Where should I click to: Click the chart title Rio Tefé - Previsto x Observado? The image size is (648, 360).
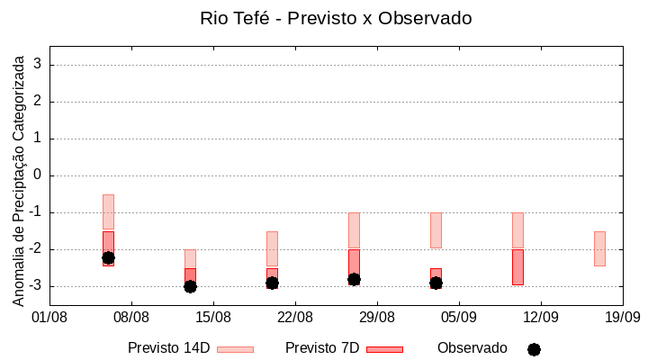pyautogui.click(x=335, y=18)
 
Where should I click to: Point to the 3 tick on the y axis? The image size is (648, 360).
pyautogui.click(x=38, y=65)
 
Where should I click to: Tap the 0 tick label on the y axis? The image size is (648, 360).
pyautogui.click(x=38, y=175)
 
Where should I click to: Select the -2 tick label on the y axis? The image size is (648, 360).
pyautogui.click(x=35, y=249)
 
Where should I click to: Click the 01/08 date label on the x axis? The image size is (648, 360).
pyautogui.click(x=49, y=317)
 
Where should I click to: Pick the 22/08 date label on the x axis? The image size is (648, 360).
pyautogui.click(x=294, y=317)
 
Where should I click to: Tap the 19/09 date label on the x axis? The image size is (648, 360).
pyautogui.click(x=622, y=317)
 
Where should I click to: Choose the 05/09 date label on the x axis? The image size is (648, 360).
pyautogui.click(x=458, y=317)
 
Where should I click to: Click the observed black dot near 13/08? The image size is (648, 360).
pyautogui.click(x=190, y=286)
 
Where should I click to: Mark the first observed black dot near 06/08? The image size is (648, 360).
pyautogui.click(x=108, y=257)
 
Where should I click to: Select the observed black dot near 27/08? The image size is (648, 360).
pyautogui.click(x=354, y=279)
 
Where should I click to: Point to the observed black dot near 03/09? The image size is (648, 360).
pyautogui.click(x=436, y=283)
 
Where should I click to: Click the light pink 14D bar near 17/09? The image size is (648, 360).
pyautogui.click(x=599, y=248)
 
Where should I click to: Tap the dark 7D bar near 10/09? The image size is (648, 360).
pyautogui.click(x=517, y=267)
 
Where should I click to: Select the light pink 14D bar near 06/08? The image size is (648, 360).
pyautogui.click(x=108, y=212)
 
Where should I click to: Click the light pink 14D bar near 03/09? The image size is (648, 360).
pyautogui.click(x=436, y=230)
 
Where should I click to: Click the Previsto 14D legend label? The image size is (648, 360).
pyautogui.click(x=168, y=348)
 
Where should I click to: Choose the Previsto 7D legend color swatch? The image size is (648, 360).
pyautogui.click(x=384, y=349)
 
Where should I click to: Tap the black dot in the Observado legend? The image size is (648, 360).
pyautogui.click(x=534, y=349)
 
